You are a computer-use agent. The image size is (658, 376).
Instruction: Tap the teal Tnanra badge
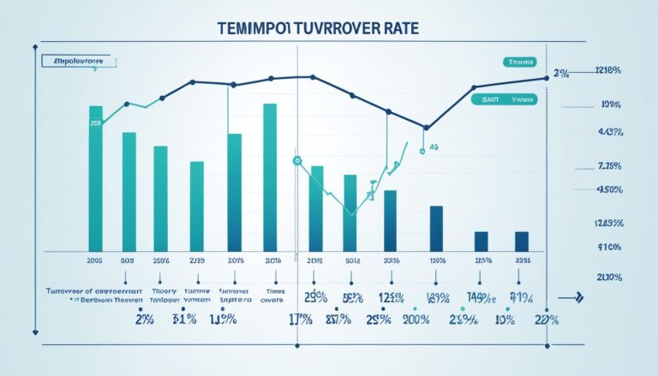[519, 63]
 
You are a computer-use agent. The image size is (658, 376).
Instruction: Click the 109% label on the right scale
[611, 104]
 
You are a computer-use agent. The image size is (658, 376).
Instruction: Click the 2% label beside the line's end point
[562, 75]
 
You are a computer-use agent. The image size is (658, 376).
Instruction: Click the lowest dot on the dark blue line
[425, 128]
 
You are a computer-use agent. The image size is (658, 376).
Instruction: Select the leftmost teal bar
[95, 178]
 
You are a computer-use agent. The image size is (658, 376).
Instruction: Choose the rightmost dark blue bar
[521, 242]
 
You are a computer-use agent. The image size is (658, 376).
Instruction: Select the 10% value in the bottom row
[505, 319]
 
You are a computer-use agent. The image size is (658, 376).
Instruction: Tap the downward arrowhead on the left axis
[35, 329]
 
